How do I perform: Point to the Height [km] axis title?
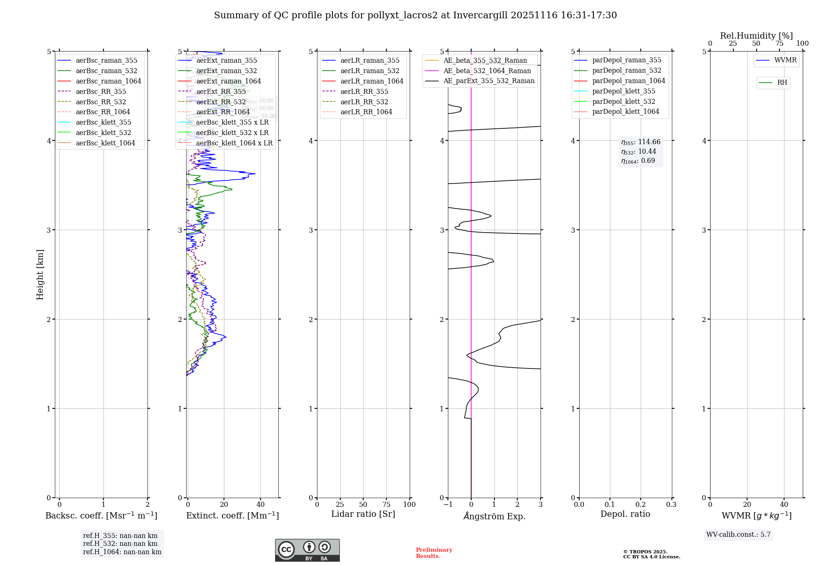(40, 275)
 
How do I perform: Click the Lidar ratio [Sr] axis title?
(363, 514)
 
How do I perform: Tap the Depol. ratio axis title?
(625, 514)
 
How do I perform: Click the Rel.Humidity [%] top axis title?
(756, 36)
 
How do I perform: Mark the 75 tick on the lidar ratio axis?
(386, 505)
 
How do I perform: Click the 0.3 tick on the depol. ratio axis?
(671, 505)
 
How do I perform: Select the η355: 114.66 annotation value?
(641, 142)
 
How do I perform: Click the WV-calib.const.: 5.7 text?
(738, 535)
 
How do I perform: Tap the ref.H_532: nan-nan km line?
(120, 544)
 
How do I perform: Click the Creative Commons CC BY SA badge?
(307, 550)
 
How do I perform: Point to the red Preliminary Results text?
(434, 553)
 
